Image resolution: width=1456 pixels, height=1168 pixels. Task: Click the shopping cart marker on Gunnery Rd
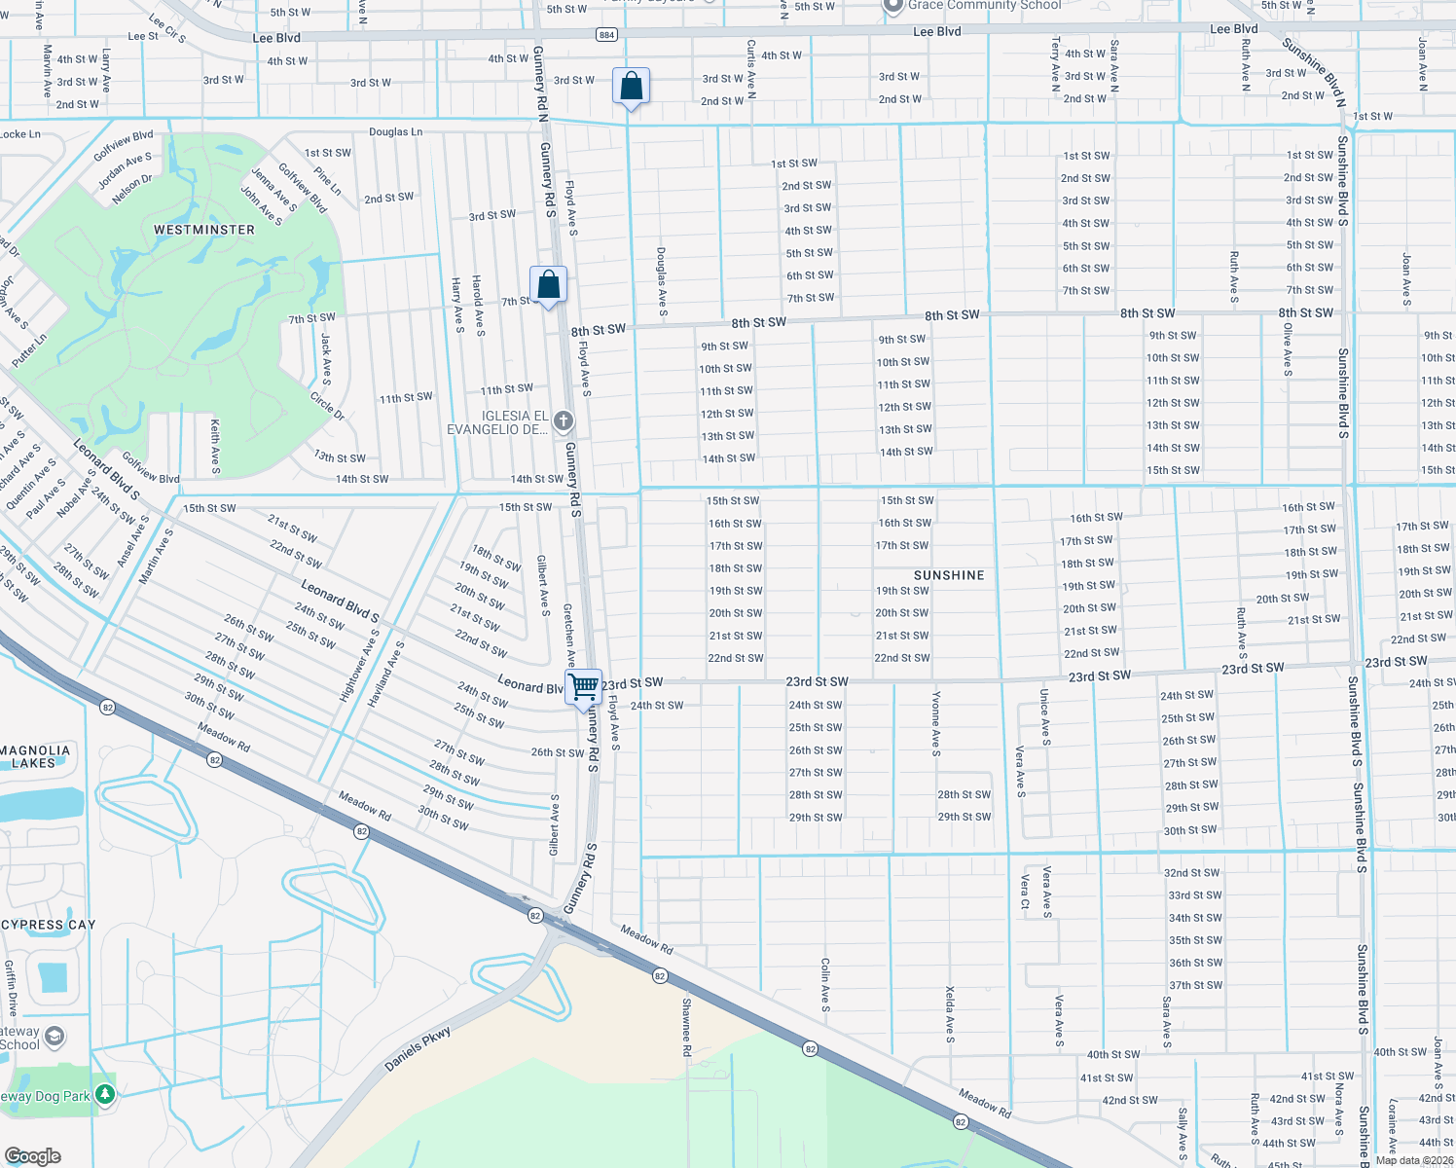point(584,687)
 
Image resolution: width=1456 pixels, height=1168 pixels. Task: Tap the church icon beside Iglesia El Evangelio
point(563,421)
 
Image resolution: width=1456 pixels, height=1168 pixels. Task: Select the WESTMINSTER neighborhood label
point(204,230)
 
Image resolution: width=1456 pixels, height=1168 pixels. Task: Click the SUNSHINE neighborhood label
point(949,575)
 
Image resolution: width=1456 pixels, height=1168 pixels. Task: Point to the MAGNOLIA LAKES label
point(35,756)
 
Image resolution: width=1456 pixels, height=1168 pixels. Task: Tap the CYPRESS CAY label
point(49,925)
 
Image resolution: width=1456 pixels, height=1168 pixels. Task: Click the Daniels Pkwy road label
point(419,1048)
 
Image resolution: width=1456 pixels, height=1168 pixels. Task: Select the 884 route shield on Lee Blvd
point(606,34)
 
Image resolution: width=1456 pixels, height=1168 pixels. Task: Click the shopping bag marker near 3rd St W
point(631,87)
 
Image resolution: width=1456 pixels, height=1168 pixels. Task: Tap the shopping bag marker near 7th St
point(548,284)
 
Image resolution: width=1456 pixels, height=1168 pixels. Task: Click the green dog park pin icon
point(105,1095)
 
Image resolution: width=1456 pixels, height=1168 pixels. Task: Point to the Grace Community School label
point(983,6)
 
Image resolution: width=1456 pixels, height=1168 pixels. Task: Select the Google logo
point(33,1155)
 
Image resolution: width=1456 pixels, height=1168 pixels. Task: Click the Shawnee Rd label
point(686,1027)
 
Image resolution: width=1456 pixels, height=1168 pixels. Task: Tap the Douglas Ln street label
point(395,131)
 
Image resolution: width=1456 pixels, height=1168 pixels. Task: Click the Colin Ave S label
point(825,984)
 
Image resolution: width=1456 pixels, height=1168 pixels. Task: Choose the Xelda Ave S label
point(950,1014)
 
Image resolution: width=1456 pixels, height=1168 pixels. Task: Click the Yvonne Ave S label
point(936,723)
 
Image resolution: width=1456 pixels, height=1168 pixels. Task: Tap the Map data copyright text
point(1414,1160)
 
